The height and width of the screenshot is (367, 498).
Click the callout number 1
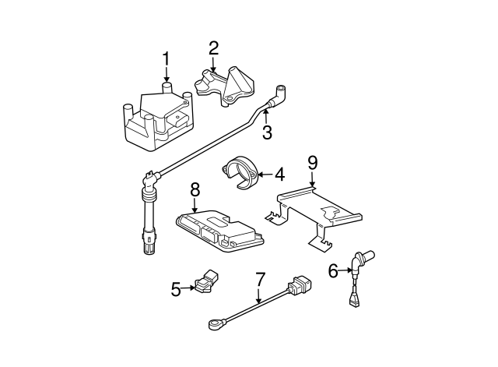coord(165,60)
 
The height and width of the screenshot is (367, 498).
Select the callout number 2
coord(212,50)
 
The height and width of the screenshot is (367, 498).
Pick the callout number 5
coord(177,290)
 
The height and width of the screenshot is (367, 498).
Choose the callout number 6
coord(333,270)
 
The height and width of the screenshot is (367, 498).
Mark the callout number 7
coord(260,279)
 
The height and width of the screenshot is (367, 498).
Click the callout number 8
coord(195,189)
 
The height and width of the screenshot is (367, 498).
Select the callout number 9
coord(312,163)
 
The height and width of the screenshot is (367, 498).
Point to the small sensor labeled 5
coord(208,284)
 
